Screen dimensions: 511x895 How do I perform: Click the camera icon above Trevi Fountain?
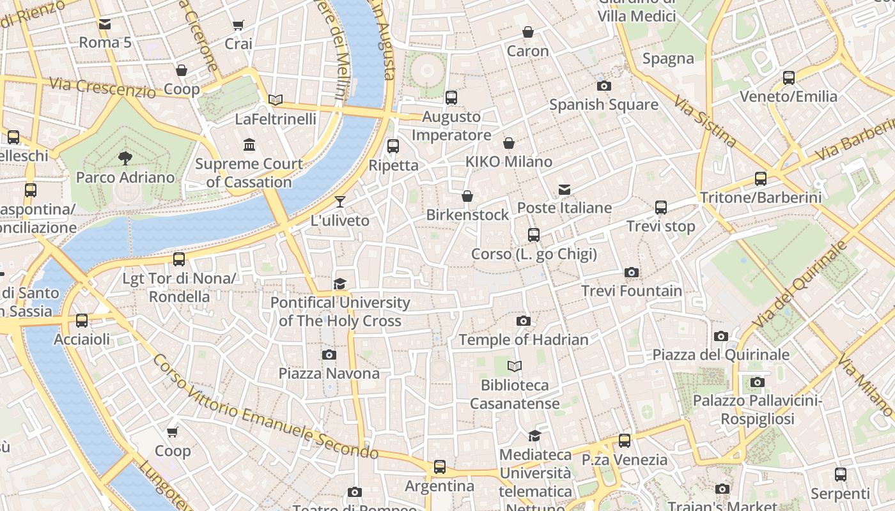(632, 273)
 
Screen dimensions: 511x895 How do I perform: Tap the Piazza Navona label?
(329, 373)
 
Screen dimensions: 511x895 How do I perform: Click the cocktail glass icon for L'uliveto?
(340, 202)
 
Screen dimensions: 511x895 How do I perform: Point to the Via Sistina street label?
(705, 122)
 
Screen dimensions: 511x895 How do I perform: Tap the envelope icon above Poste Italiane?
(564, 190)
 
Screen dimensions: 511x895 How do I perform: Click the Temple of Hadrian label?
(524, 340)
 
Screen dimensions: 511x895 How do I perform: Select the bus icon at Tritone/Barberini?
(761, 179)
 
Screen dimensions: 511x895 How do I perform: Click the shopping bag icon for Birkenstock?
(467, 196)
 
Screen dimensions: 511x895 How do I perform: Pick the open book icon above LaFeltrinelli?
(276, 100)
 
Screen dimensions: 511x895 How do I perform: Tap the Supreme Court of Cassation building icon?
(249, 145)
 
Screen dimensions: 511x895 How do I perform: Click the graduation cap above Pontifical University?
(340, 284)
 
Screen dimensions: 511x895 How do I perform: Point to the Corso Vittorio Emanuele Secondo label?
(265, 409)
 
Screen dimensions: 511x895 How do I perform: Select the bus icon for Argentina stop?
(440, 467)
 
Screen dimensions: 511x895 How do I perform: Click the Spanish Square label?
(603, 104)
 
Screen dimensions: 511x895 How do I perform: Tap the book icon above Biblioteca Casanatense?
(515, 367)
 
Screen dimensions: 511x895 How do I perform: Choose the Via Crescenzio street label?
(102, 88)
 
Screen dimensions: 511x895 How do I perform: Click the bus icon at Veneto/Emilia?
(789, 78)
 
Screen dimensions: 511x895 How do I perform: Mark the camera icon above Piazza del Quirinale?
(721, 337)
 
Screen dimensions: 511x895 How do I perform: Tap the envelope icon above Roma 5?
(105, 24)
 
